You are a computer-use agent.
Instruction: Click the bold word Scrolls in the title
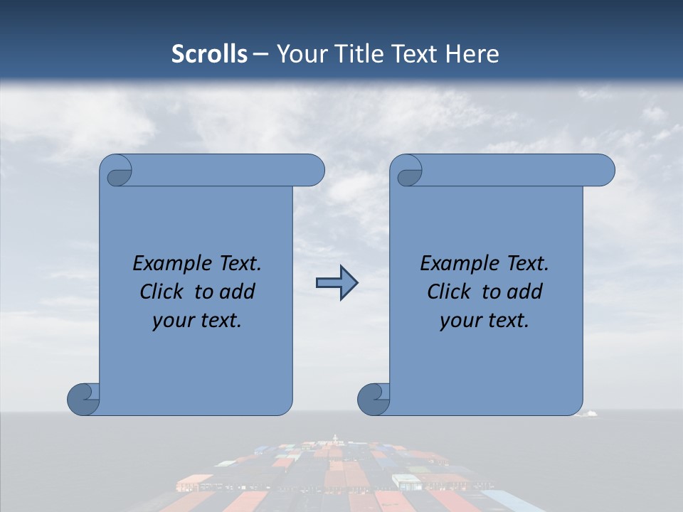(x=209, y=54)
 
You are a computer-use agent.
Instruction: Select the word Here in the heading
(x=472, y=54)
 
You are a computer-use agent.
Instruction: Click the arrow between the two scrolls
(x=337, y=283)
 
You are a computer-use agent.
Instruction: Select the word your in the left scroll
(x=170, y=321)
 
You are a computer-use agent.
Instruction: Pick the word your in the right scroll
(x=457, y=321)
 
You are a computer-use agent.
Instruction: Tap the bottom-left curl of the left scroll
(x=83, y=398)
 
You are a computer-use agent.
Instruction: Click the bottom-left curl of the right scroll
(x=374, y=398)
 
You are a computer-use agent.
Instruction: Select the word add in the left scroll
(x=238, y=292)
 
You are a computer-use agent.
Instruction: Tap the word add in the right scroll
(x=526, y=292)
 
